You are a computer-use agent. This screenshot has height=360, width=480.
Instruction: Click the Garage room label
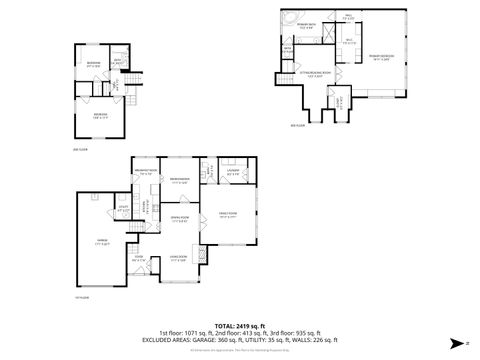103,241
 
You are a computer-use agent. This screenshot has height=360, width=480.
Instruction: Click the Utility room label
121,210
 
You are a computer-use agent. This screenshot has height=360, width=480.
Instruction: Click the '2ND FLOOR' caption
81,148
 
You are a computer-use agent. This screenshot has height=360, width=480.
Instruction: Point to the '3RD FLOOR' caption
296,124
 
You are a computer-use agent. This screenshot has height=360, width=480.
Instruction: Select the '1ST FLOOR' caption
82,297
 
